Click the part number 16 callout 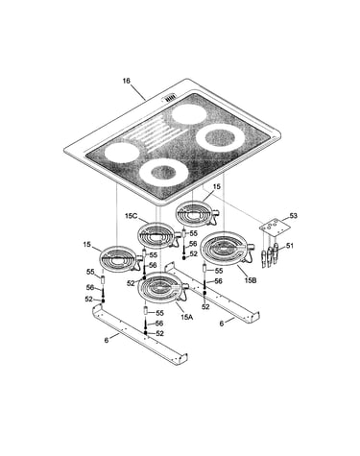pos(127,81)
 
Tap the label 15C pos(131,216)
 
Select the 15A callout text pos(187,317)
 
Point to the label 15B pos(251,280)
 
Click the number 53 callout pos(294,216)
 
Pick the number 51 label pos(290,246)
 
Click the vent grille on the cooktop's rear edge pos(170,98)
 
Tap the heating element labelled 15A pos(162,287)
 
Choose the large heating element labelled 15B pos(226,248)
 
